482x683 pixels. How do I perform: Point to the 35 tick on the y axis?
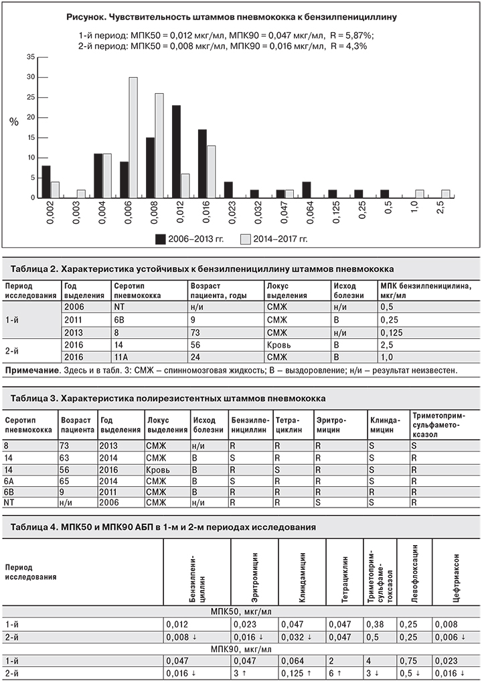pyautogui.click(x=30, y=57)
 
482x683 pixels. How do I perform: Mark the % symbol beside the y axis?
pyautogui.click(x=14, y=122)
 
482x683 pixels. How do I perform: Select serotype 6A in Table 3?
pyautogui.click(x=11, y=480)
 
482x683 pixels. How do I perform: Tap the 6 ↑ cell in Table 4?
pyautogui.click(x=335, y=671)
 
